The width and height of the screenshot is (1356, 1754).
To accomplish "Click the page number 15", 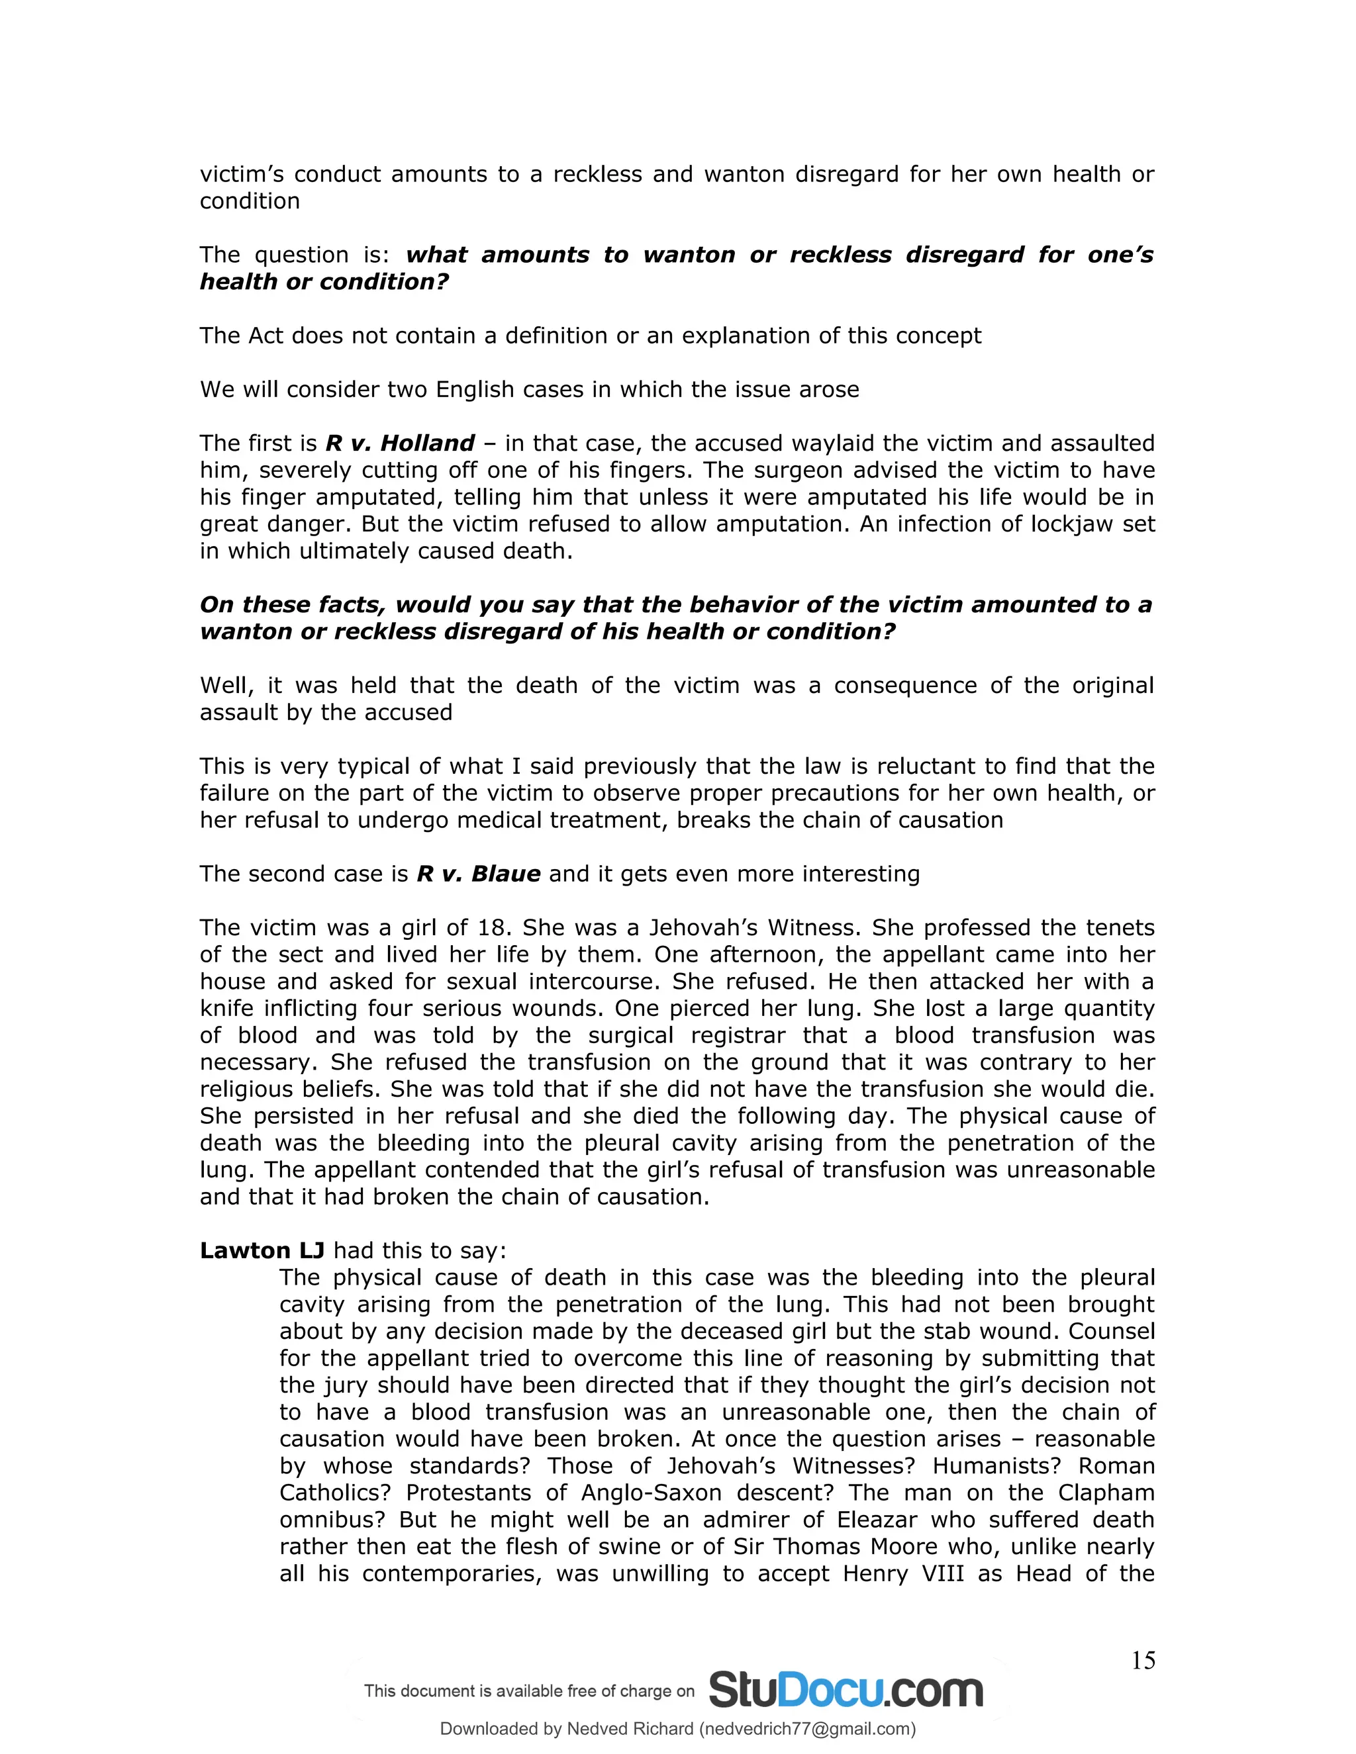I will (x=1142, y=1661).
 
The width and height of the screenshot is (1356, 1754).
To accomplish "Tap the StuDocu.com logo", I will (x=845, y=1690).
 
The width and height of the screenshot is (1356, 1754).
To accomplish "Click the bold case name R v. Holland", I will (x=400, y=443).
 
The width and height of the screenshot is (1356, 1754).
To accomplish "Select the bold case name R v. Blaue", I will (x=478, y=874).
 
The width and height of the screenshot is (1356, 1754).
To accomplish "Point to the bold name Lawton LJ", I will (x=262, y=1250).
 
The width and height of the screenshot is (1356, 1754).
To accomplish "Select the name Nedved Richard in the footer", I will (x=630, y=1728).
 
